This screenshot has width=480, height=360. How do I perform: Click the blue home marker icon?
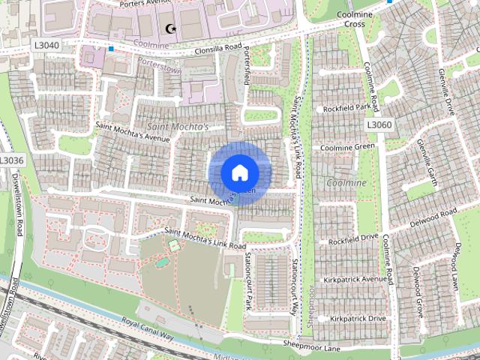pos(240,172)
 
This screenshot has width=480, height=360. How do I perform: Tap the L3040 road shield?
pos(47,45)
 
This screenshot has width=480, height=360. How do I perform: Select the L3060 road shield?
pos(379,124)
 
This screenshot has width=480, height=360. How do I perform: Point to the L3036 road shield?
pos(12,160)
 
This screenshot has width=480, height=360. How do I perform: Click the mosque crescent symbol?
pos(169,29)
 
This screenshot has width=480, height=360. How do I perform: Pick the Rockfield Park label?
pos(347,109)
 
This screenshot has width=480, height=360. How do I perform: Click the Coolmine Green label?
pos(347,147)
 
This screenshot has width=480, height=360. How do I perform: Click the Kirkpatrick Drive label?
pos(356,319)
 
